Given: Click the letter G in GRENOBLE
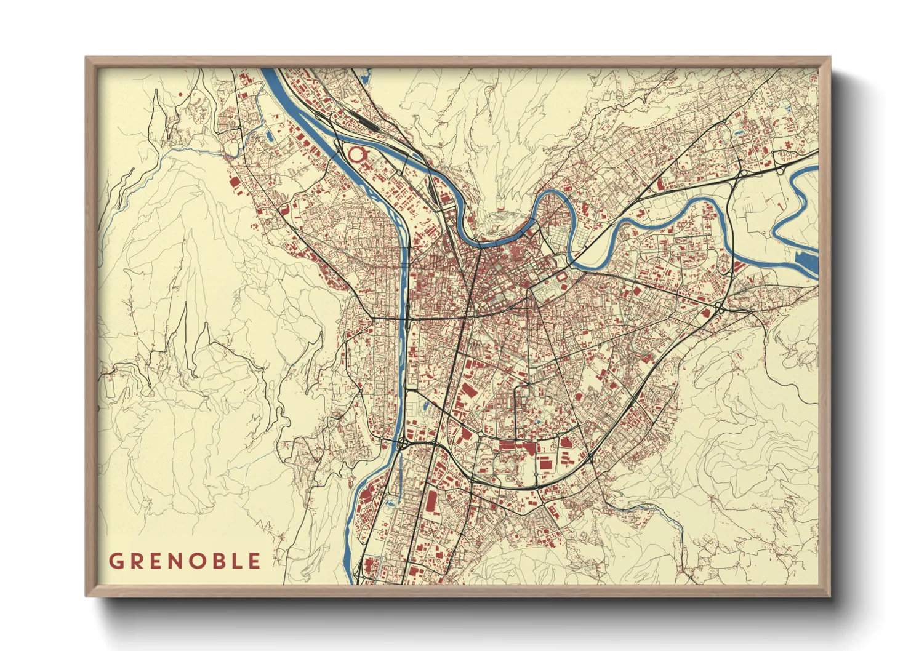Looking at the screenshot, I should tap(116, 561).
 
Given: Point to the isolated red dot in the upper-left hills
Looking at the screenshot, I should tap(180, 94).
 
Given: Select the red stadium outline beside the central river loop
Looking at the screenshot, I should tap(563, 279).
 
